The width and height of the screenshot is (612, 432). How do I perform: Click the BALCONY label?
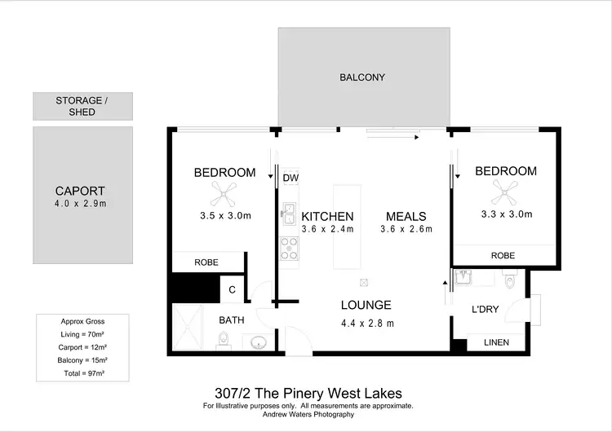361,77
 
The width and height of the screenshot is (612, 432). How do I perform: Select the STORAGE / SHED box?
82,106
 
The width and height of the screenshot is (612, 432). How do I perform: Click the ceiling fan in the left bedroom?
224,194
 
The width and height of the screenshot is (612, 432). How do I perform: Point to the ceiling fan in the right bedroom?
505,192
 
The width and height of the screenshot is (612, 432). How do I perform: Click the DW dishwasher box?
290,178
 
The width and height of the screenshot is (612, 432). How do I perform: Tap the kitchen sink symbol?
289,215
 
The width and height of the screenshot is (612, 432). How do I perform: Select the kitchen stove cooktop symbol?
289,247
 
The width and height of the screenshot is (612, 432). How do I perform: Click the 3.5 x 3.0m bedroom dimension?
224,216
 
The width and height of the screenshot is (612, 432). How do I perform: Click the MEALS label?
406,216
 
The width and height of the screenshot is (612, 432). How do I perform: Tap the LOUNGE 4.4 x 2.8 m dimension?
366,323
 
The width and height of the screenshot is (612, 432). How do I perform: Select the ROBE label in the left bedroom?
206,263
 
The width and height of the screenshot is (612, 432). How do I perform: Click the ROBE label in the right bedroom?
503,255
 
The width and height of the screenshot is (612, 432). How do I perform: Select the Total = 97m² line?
83,372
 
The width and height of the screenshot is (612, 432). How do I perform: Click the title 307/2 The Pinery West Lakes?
308,394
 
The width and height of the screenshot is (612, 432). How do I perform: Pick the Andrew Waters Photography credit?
308,415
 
